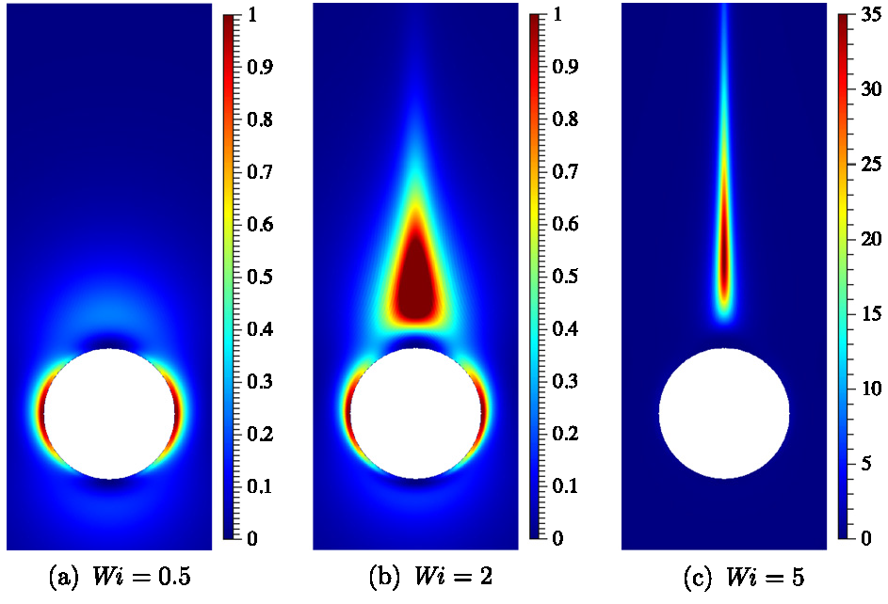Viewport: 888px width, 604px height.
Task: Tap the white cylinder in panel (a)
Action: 110,414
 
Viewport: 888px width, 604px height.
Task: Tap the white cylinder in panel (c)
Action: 724,414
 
